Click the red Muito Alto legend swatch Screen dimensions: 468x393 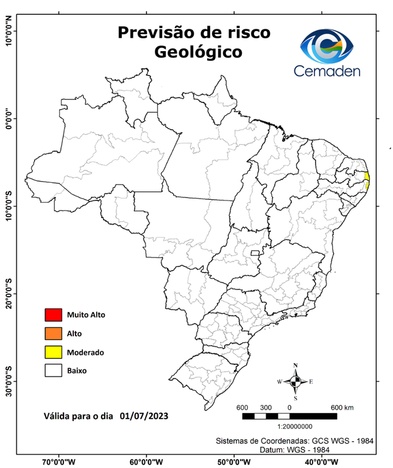[x=53, y=315]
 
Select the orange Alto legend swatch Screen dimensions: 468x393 [x=53, y=333]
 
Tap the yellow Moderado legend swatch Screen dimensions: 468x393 [x=53, y=352]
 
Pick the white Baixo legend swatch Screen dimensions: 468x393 [x=53, y=370]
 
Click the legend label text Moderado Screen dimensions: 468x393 [x=86, y=352]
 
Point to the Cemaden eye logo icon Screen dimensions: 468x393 [x=331, y=46]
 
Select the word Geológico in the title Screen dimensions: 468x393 [x=197, y=52]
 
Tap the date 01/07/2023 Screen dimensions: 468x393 [x=144, y=416]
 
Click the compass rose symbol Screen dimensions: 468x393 [x=296, y=381]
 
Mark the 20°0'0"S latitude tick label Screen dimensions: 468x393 [x=9, y=293]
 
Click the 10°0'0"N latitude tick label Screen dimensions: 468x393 [x=9, y=30]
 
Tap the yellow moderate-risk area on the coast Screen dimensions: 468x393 [x=367, y=178]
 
